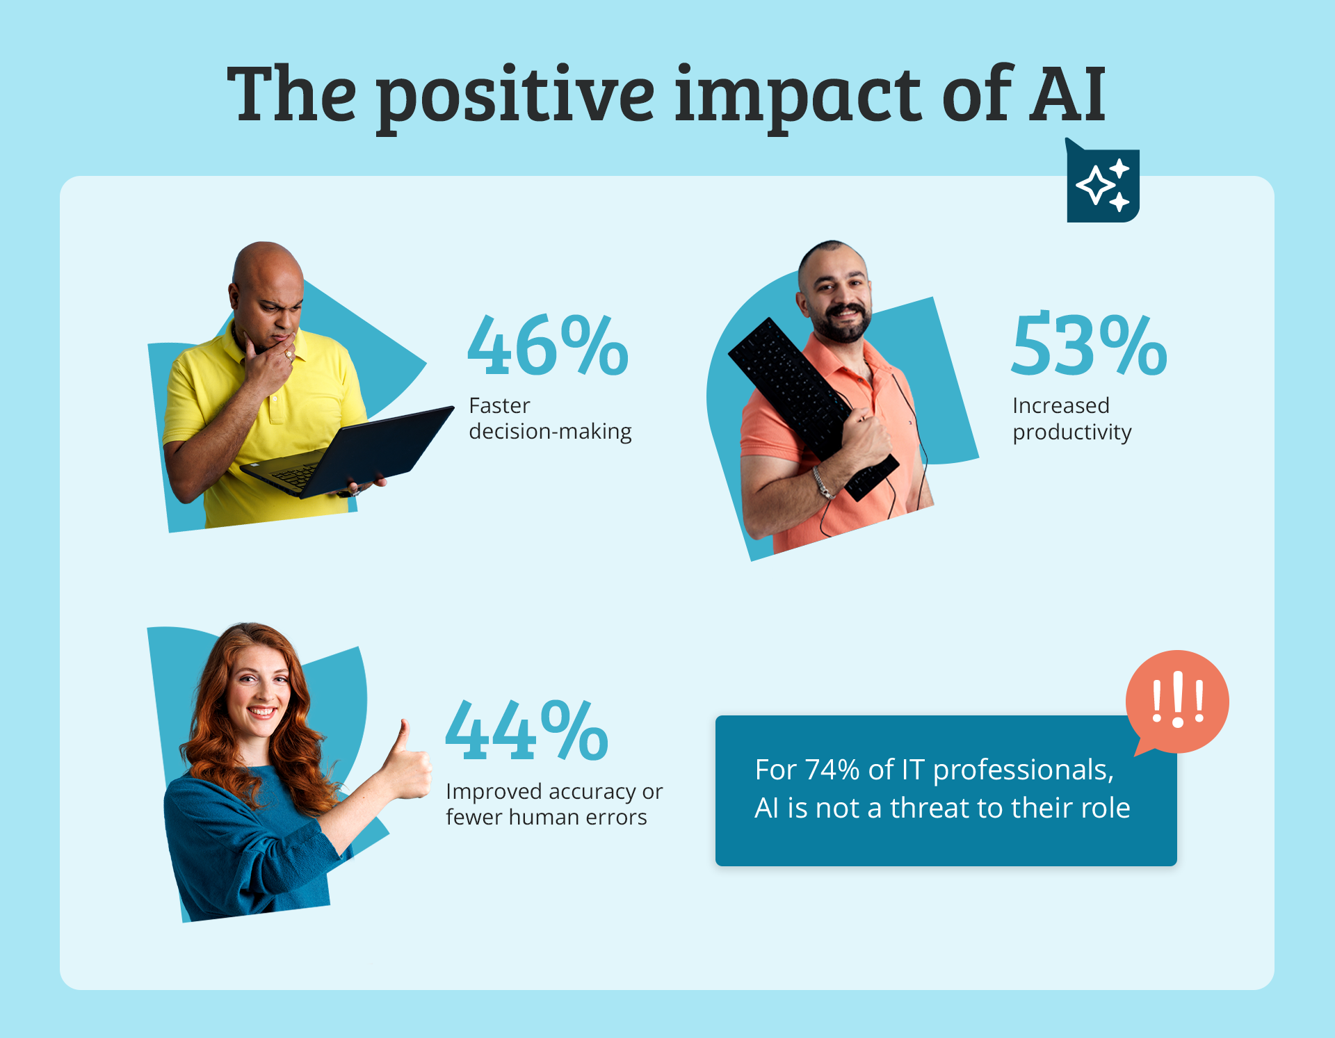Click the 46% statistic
coord(548,346)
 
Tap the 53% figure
coord(1089,345)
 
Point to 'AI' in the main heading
coord(1068,93)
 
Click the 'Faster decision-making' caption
coord(550,419)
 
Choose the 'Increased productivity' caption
coord(1072,419)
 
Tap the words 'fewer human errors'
coord(547,817)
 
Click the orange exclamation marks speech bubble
coord(1177,702)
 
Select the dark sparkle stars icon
coord(1103,182)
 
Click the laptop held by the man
coord(348,452)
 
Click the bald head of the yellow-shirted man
coord(266,268)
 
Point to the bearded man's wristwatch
coord(823,482)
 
